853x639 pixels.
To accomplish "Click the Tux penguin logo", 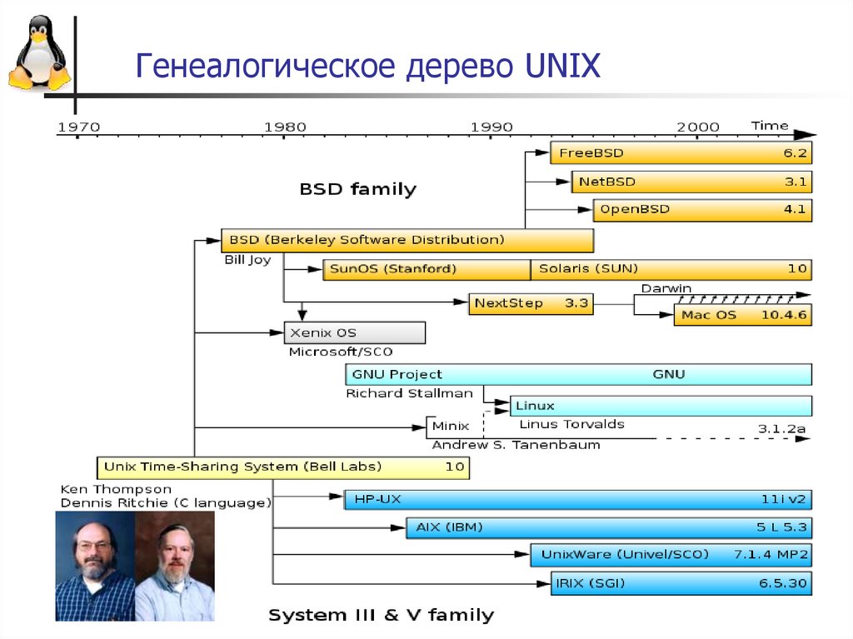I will [37, 54].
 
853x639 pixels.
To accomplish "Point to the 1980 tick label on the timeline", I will [285, 127].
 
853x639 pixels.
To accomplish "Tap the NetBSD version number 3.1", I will [796, 181].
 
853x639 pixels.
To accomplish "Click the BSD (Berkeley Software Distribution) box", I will [407, 240].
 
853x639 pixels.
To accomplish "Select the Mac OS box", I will [742, 315].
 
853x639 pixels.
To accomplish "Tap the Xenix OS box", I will [354, 332].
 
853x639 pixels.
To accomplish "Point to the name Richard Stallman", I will [409, 393].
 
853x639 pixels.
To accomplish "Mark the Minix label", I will [451, 426].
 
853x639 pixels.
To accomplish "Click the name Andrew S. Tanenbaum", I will [516, 445].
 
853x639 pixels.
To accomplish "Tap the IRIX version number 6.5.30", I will [783, 583].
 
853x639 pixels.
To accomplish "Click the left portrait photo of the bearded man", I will [95, 566].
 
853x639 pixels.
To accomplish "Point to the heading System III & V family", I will [381, 616].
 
